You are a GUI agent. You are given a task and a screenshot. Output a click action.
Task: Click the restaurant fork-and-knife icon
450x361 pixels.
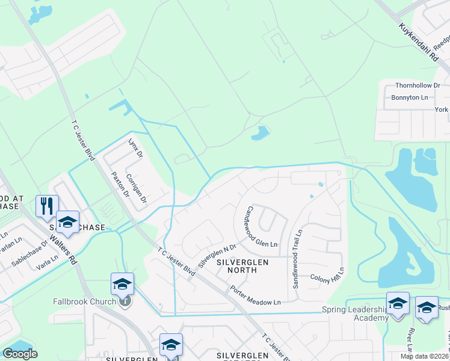[46, 205]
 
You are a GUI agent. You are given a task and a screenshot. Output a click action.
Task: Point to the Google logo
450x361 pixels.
[20, 354]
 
